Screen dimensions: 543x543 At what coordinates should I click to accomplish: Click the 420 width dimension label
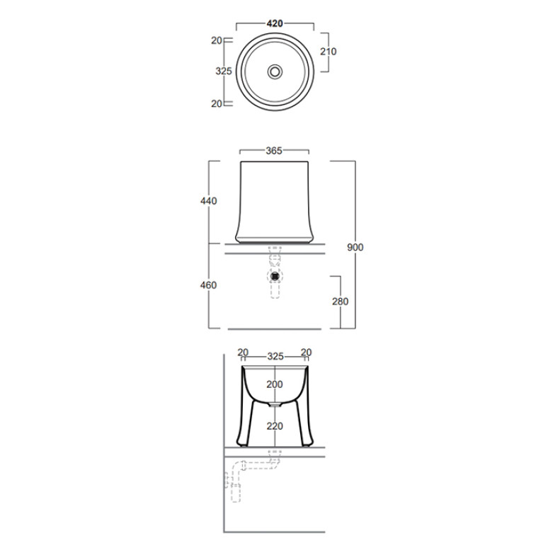(x=275, y=23)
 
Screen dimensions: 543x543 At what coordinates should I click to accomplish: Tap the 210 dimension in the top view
(x=328, y=52)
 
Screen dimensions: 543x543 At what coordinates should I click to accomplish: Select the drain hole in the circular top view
(x=275, y=72)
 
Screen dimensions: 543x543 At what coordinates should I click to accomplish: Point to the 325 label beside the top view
(x=224, y=71)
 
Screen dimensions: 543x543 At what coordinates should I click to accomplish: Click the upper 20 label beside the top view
(x=217, y=40)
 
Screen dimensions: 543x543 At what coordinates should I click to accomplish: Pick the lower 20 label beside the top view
(x=217, y=103)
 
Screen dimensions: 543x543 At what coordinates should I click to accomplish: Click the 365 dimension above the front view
(x=274, y=151)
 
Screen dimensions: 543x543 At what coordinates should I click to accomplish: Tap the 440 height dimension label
(x=208, y=201)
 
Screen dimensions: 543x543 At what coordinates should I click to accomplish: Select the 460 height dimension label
(x=208, y=285)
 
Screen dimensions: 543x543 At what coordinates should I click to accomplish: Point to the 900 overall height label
(x=355, y=247)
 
